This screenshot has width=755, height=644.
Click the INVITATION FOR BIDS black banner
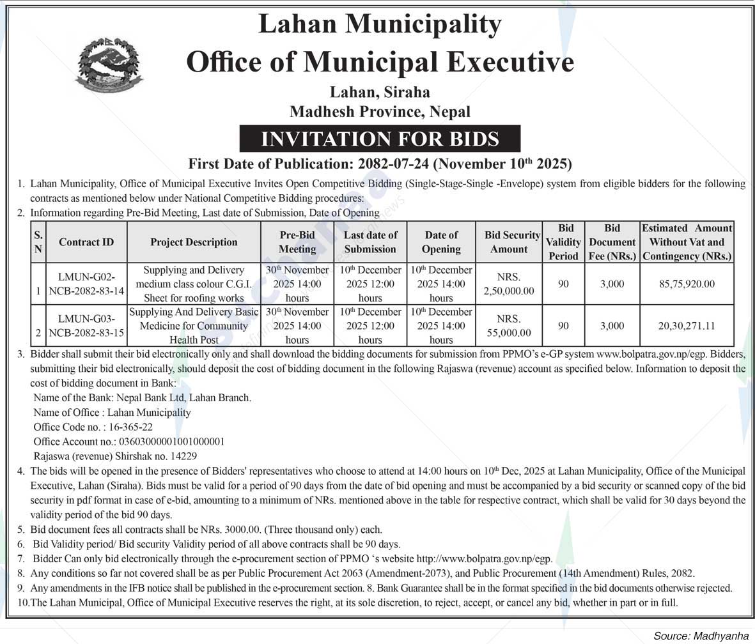click(x=380, y=139)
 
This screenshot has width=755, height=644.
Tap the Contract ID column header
click(x=86, y=242)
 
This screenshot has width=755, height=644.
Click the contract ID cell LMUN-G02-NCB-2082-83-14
click(x=86, y=284)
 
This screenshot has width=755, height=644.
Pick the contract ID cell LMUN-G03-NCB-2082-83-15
click(x=86, y=326)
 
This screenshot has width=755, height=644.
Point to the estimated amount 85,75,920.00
click(x=687, y=284)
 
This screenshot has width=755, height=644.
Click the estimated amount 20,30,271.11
click(x=687, y=326)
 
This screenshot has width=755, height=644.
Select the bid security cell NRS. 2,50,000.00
click(x=509, y=284)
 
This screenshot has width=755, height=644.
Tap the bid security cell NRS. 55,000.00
click(x=509, y=326)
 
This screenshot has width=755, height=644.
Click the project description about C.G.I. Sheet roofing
click(x=194, y=284)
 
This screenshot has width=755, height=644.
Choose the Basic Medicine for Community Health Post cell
click(x=194, y=326)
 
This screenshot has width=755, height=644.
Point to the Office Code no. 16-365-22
click(x=93, y=427)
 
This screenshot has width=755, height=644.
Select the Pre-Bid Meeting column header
click(x=297, y=242)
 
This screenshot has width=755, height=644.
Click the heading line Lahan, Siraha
click(x=380, y=93)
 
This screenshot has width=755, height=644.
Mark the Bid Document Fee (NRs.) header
click(x=612, y=242)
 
